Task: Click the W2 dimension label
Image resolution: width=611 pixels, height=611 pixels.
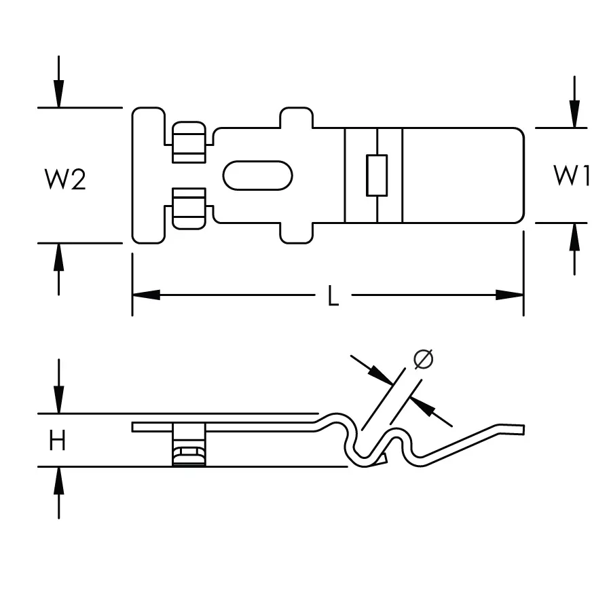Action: pos(65,179)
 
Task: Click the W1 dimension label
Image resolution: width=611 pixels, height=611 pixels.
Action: pos(571,175)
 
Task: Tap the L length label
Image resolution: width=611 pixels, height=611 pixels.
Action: pos(333,295)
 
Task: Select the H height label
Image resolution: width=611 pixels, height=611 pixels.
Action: pos(57,440)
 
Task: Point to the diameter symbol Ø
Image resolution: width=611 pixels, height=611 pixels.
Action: pos(423,359)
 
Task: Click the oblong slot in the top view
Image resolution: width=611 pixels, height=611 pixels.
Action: pos(257,175)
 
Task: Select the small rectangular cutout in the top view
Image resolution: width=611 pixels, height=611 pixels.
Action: pos(377,175)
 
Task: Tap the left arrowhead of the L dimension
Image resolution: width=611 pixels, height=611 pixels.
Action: pos(146,295)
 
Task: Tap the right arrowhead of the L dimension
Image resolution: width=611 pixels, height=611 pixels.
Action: pos(509,295)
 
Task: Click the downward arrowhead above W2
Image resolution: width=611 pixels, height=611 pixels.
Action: pos(58,94)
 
